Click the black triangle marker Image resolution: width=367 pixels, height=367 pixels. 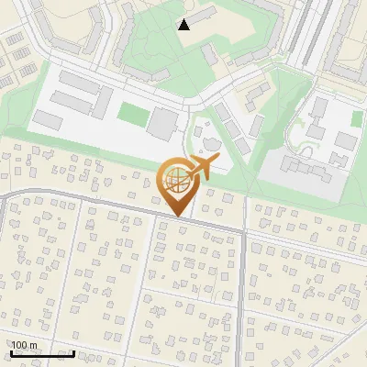[184, 25]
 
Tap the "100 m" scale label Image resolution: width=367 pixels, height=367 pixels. [24, 345]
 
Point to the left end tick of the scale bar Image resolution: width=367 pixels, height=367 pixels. [11, 352]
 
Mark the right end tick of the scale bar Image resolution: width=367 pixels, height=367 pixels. [73, 352]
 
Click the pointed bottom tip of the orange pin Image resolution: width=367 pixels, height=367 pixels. [178, 217]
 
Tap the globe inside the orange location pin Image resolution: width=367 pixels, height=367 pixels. [176, 180]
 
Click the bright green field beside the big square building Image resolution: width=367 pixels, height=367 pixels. [132, 116]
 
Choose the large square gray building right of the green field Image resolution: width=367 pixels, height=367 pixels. [164, 122]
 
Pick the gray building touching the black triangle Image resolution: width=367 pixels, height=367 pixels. [203, 14]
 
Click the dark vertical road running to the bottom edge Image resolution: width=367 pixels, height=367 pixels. [242, 303]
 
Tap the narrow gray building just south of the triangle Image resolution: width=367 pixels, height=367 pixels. [211, 55]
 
